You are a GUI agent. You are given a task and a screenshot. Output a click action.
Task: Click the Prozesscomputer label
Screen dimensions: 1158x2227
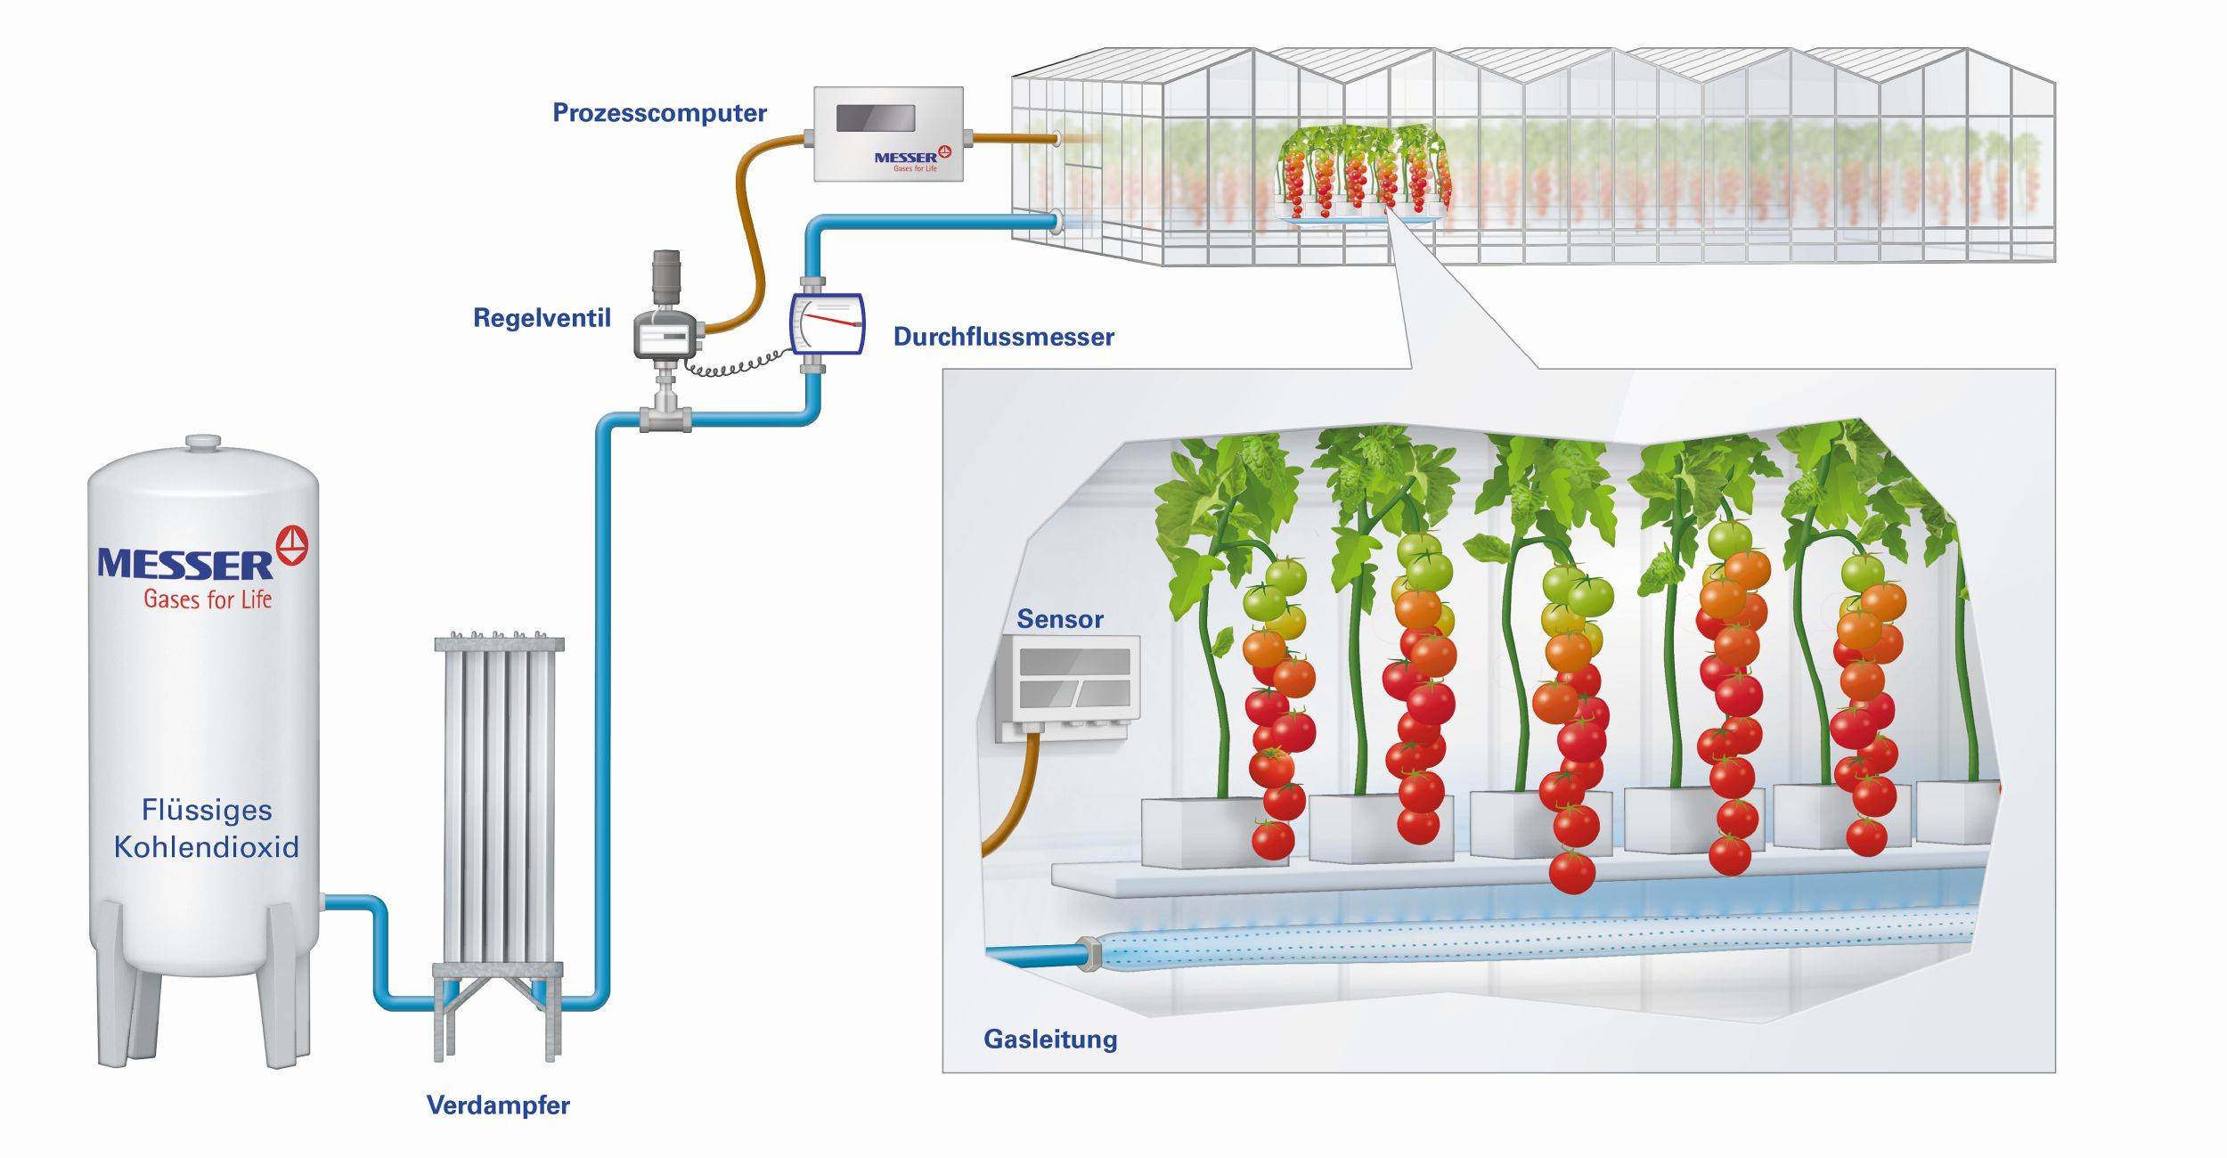659,113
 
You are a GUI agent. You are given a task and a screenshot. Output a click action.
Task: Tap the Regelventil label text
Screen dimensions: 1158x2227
542,318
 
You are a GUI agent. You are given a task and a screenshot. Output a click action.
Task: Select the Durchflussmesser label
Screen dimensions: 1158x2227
1003,337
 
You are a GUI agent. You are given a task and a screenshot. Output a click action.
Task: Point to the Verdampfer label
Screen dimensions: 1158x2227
498,1105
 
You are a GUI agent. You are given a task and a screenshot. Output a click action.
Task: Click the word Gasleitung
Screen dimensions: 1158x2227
1050,1040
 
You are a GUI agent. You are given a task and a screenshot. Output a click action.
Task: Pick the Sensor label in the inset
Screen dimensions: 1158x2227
1060,619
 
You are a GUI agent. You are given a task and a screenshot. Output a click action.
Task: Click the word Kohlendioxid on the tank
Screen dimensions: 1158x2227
207,846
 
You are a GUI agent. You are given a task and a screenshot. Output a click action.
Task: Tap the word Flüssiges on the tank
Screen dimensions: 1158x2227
207,810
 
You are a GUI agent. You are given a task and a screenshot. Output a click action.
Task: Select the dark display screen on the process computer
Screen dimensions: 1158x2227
876,118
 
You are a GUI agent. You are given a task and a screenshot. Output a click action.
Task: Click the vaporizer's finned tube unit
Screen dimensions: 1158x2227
499,802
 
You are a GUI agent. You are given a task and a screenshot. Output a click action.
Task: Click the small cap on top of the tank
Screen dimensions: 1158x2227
203,442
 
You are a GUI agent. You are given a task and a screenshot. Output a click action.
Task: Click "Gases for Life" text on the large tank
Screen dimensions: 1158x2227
208,599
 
